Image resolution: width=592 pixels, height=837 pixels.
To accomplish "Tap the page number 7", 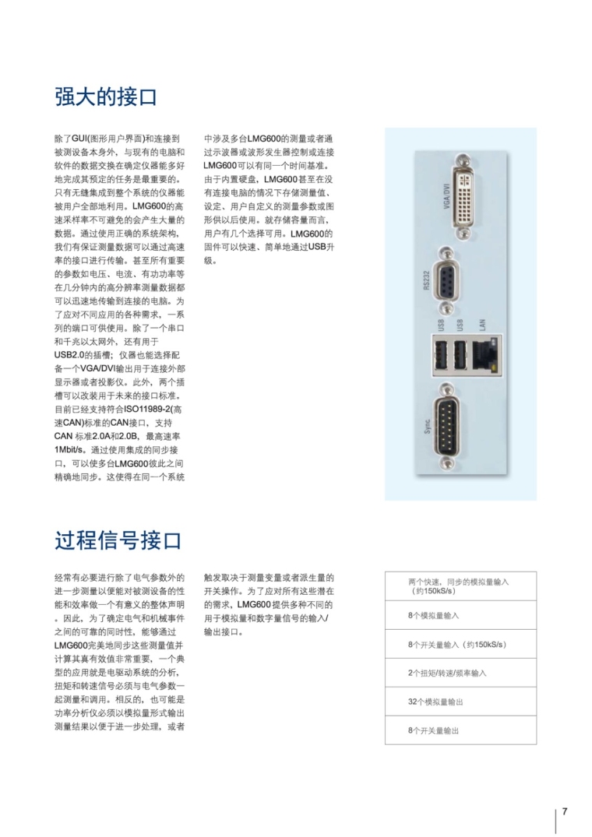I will [x=565, y=811].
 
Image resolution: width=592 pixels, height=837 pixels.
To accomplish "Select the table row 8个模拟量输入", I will [x=433, y=615].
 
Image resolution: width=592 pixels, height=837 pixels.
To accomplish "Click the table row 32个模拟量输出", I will [x=435, y=702].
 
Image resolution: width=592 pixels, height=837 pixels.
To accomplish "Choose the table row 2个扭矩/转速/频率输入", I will [x=447, y=673].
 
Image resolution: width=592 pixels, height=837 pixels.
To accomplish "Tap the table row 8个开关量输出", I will [x=433, y=730].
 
